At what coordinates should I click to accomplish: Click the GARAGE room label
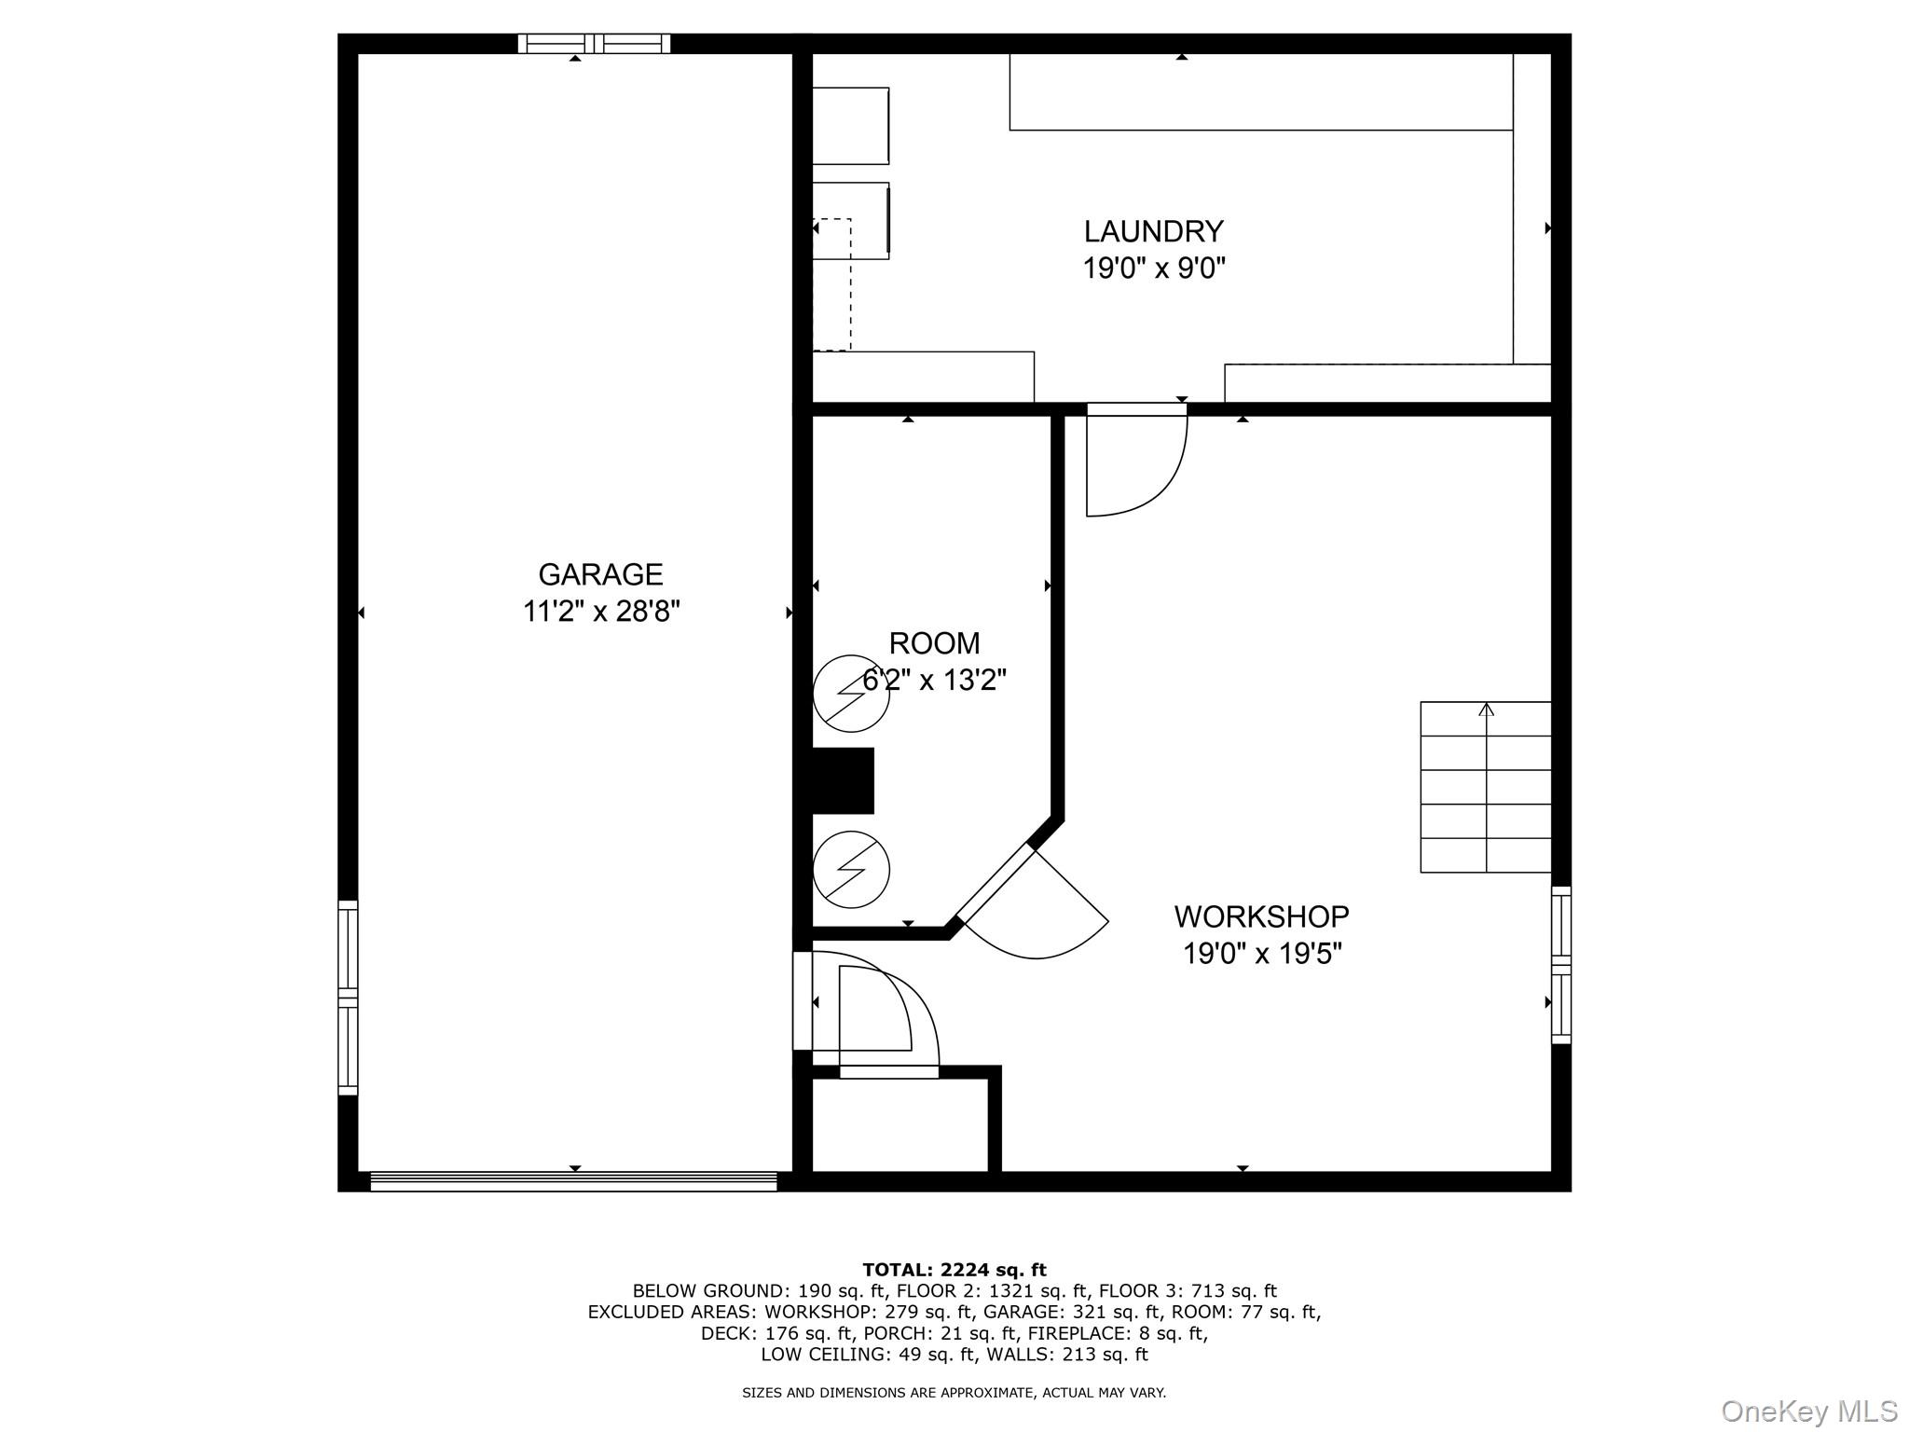pyautogui.click(x=600, y=573)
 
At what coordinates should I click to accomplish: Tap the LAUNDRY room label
pyautogui.click(x=1153, y=231)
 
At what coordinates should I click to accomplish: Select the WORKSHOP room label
pyautogui.click(x=1261, y=916)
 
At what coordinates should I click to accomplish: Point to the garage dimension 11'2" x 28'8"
pyautogui.click(x=601, y=612)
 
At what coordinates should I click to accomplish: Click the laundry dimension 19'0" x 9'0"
pyautogui.click(x=1153, y=268)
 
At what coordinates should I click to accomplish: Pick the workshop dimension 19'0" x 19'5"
pyautogui.click(x=1262, y=954)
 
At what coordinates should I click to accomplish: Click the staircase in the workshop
pyautogui.click(x=1485, y=788)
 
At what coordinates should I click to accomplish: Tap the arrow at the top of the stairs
pyautogui.click(x=1486, y=709)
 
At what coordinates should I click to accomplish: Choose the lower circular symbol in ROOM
pyautogui.click(x=851, y=869)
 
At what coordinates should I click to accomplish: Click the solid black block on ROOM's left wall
pyautogui.click(x=843, y=780)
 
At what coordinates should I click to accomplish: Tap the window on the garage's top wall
pyautogui.click(x=594, y=44)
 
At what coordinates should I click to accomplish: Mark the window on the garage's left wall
pyautogui.click(x=348, y=997)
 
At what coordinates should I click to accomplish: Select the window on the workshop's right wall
pyautogui.click(x=1560, y=964)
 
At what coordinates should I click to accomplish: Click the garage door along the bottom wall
pyautogui.click(x=573, y=1181)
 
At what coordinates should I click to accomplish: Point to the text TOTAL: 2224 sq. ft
pyautogui.click(x=954, y=1269)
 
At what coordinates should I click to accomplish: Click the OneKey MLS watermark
pyautogui.click(x=1808, y=1411)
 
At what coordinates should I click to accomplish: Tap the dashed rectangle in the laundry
pyautogui.click(x=832, y=284)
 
